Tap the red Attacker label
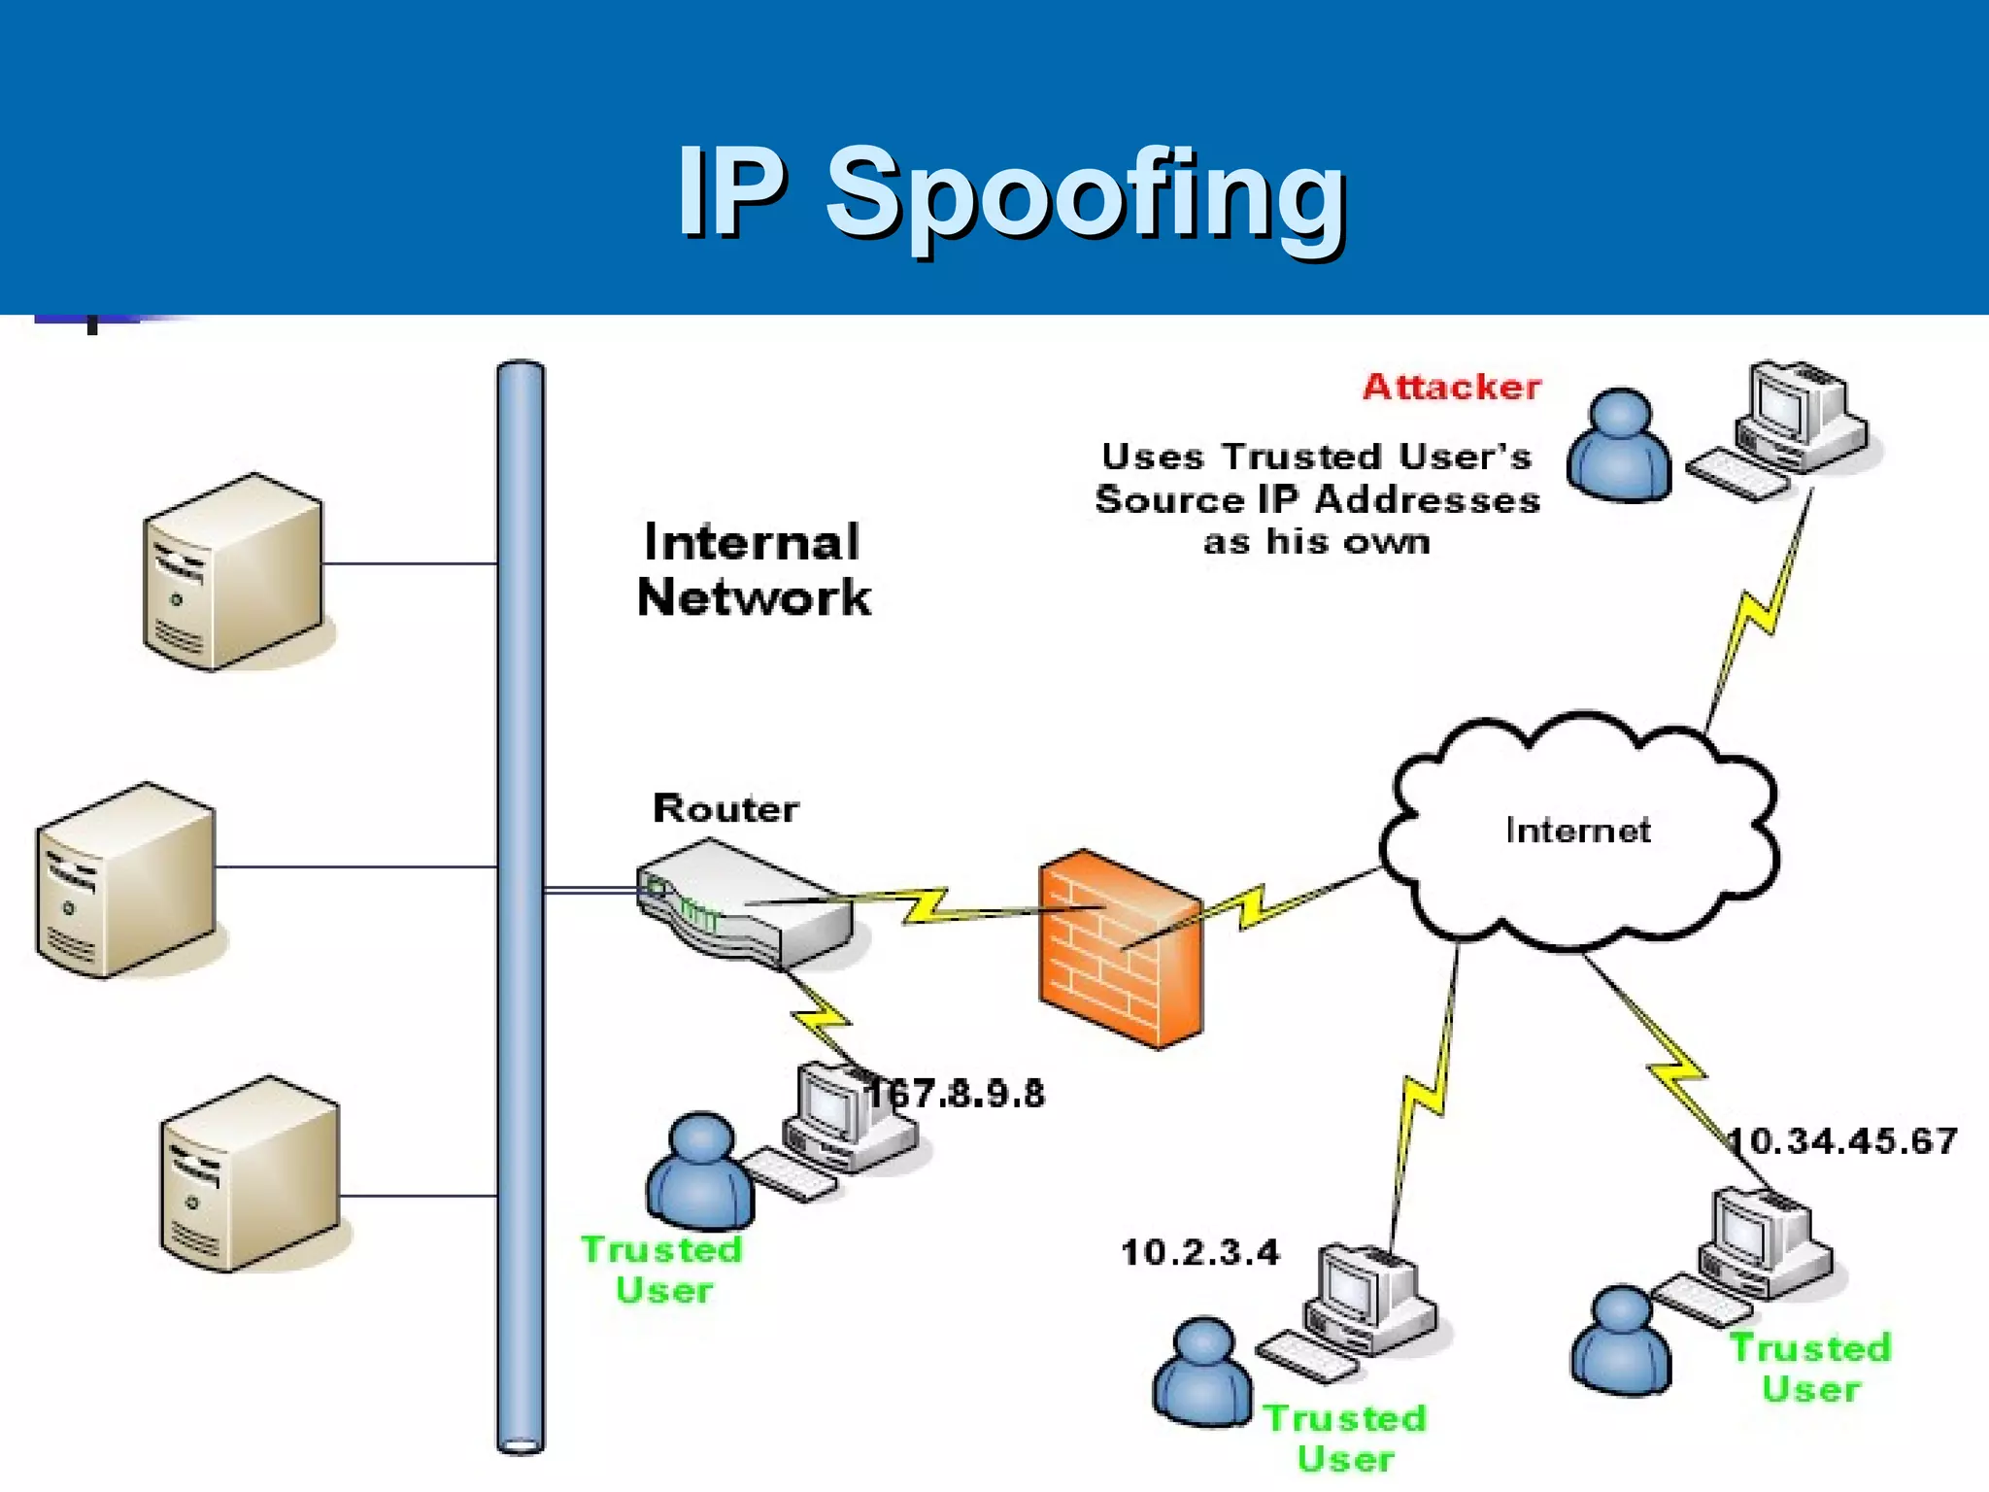[x=1451, y=387]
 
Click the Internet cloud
[x=1578, y=831]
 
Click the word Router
[x=725, y=808]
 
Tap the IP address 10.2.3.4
[x=1200, y=1252]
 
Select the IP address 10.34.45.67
[x=1842, y=1140]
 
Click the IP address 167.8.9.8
[x=957, y=1094]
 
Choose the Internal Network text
[x=753, y=569]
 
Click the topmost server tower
[x=233, y=573]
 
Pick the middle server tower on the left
[x=126, y=880]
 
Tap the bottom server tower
[x=250, y=1174]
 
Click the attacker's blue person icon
[x=1619, y=447]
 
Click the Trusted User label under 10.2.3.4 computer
[x=1345, y=1438]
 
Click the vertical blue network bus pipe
[x=521, y=903]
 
